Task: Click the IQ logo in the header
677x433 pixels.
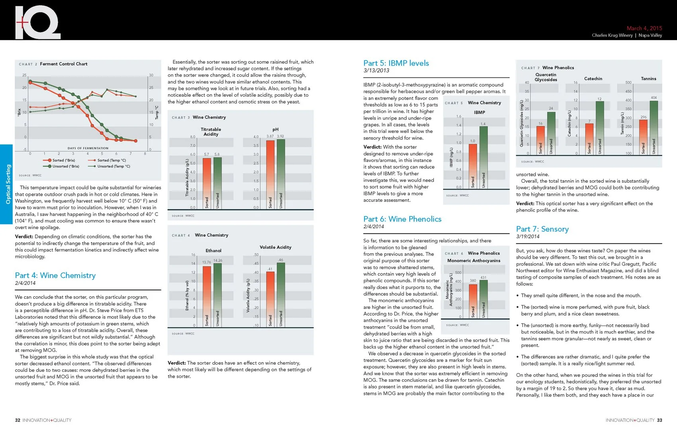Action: click(37, 22)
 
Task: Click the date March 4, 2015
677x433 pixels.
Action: click(644, 28)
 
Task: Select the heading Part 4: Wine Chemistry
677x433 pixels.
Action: click(55, 275)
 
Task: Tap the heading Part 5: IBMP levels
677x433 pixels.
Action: click(396, 63)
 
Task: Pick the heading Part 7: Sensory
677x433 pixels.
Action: click(542, 229)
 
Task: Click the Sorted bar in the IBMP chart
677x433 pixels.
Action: click(473, 166)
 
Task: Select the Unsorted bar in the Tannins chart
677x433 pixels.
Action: click(654, 128)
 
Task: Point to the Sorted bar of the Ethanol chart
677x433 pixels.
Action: click(207, 296)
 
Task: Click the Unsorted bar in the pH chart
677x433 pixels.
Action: click(281, 174)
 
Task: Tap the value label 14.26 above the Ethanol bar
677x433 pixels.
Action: click(218, 261)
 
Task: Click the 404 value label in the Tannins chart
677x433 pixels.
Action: click(654, 98)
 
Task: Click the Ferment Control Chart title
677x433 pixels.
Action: click(64, 64)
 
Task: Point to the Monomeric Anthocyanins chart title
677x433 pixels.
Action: click(474, 261)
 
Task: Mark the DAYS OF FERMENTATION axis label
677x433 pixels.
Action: click(88, 148)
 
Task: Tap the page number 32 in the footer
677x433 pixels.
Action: click(18, 420)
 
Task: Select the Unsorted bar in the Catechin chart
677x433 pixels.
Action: click(600, 128)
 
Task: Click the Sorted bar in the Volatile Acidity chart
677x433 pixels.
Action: click(270, 299)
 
